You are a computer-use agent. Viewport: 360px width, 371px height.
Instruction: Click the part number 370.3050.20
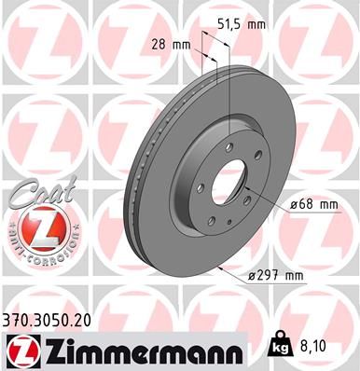click(x=49, y=320)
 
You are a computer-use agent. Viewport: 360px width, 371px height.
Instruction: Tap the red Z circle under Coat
click(x=35, y=227)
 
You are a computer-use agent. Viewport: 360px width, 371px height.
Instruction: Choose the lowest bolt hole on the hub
click(x=213, y=220)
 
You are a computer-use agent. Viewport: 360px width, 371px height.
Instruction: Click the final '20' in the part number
click(x=87, y=320)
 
